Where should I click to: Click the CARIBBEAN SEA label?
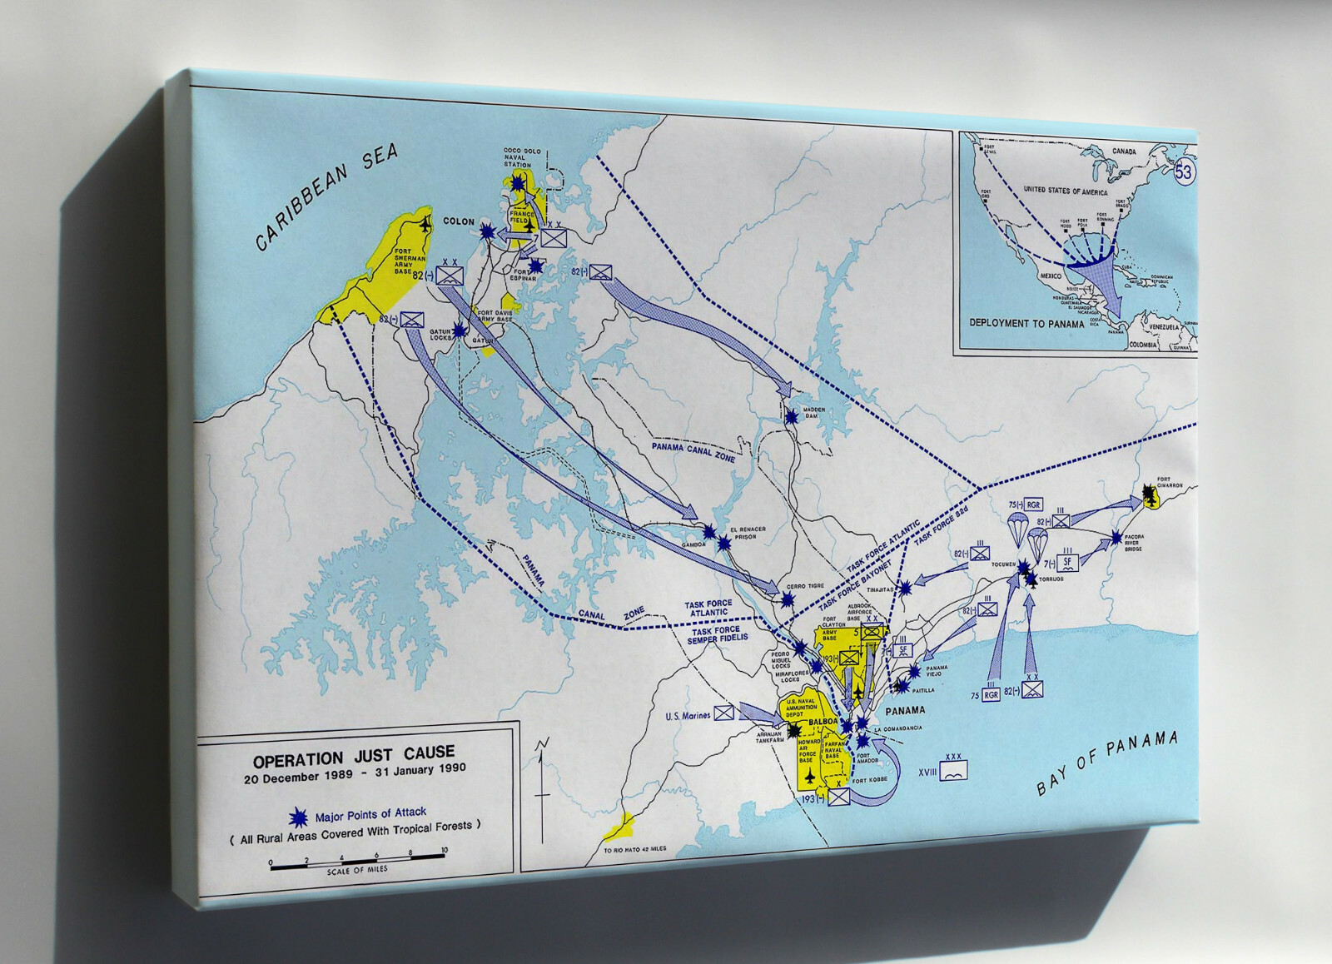326,197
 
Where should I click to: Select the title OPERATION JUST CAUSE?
354,757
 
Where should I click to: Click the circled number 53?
1184,172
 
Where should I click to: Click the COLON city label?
459,222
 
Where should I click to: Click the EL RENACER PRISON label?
746,534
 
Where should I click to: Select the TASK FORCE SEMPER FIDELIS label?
717,634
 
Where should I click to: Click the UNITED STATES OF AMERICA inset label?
1066,191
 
